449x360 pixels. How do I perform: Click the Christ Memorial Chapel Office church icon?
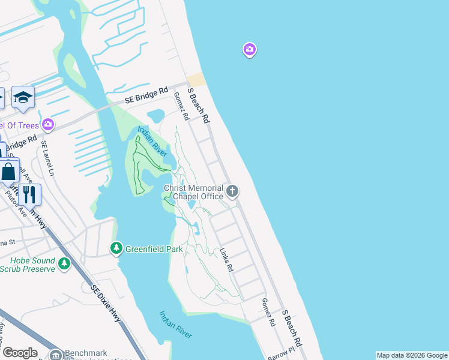coord(232,192)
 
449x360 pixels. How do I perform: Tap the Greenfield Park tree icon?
coord(116,248)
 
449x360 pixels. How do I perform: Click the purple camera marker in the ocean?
coord(250,49)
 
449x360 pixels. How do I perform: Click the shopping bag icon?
coord(9,172)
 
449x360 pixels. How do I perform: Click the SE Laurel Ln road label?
coord(47,159)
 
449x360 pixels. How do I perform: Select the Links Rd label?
coord(226,260)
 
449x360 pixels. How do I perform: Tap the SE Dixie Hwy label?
coord(106,304)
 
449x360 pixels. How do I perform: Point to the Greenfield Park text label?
coord(154,248)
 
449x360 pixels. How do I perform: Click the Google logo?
coord(19,353)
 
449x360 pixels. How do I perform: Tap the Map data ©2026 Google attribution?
coord(412,355)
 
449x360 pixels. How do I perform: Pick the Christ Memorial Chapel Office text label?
coord(193,192)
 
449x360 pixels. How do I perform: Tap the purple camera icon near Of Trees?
coord(48,125)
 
